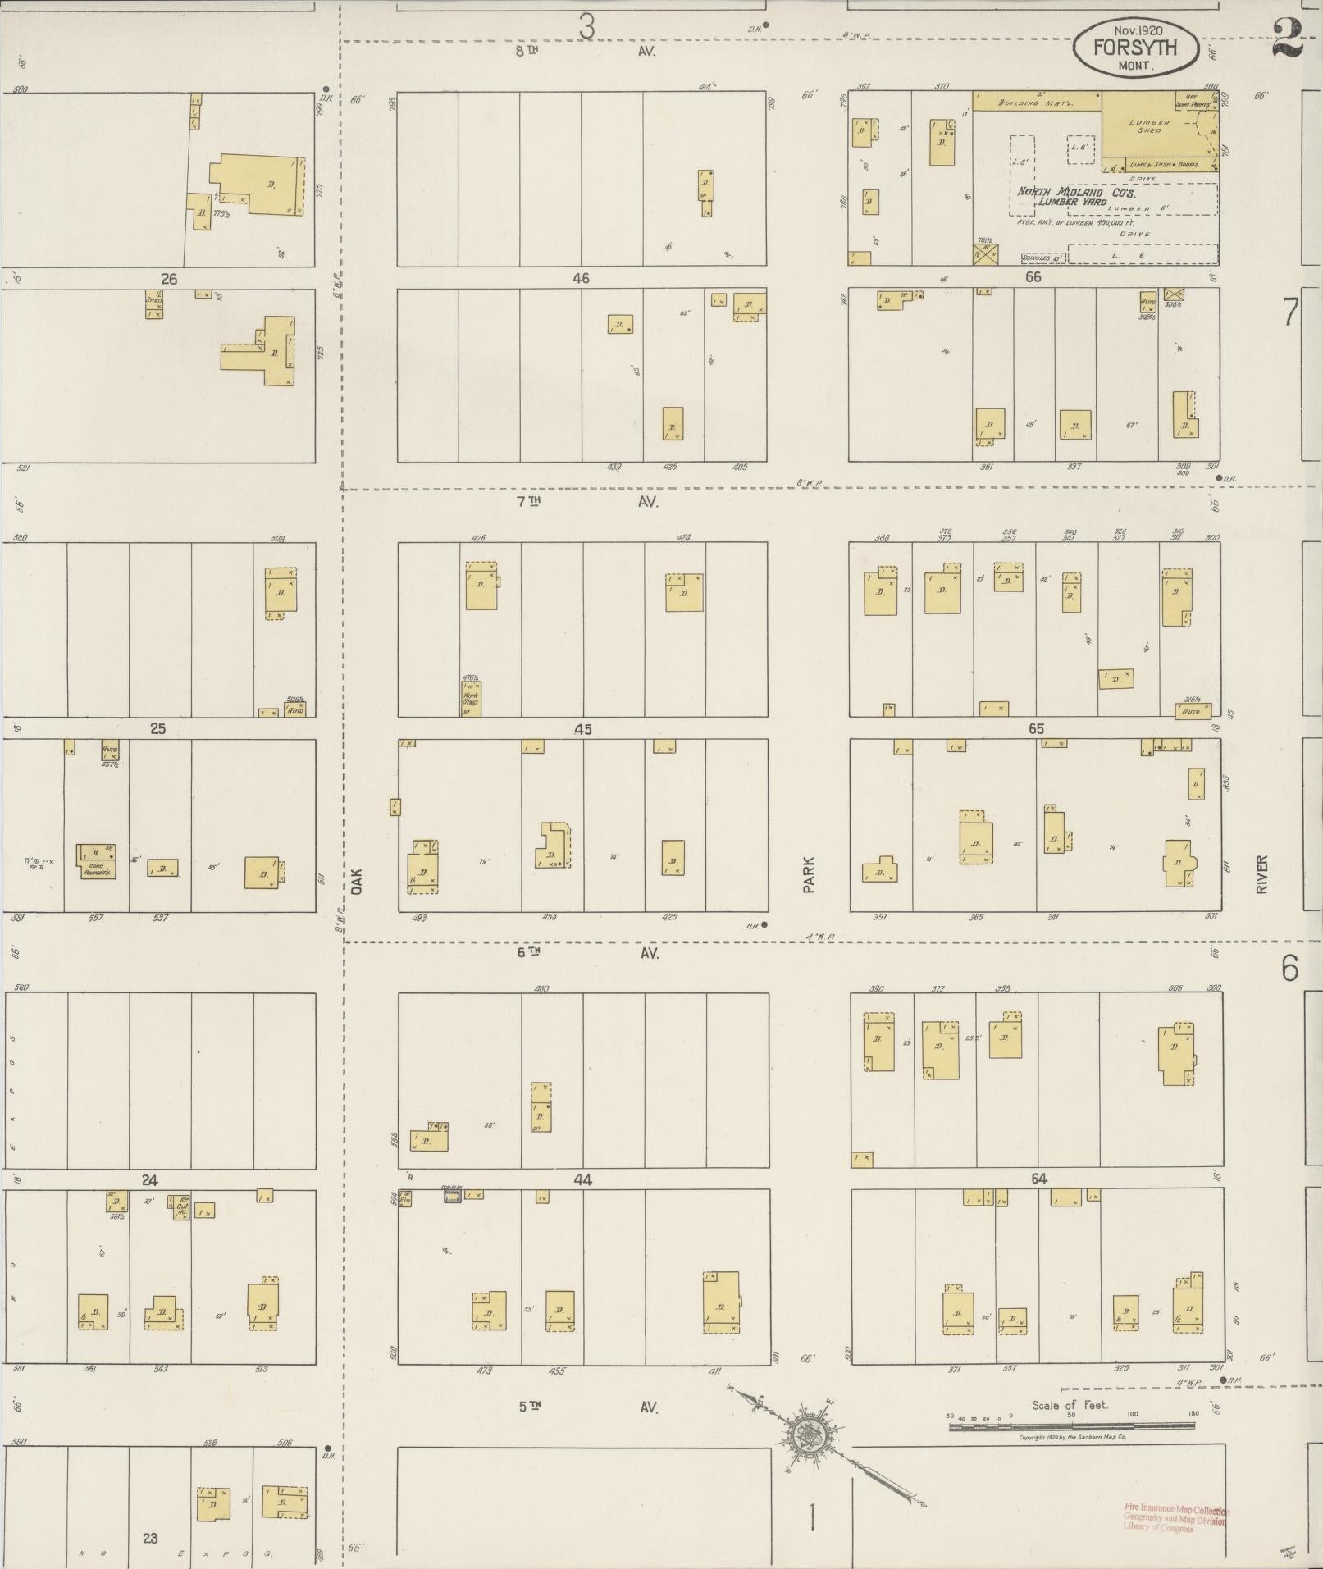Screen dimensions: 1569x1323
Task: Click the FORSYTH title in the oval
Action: [1134, 48]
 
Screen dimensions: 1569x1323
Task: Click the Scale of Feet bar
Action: [1070, 1426]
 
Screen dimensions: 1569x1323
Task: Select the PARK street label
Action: [809, 874]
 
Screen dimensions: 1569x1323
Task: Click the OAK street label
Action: [357, 881]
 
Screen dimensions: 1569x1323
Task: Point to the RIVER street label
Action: [1261, 874]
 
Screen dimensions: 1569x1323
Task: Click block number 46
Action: [581, 278]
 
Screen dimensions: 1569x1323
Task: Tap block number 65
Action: [1036, 728]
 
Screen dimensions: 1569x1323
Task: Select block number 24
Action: [149, 1179]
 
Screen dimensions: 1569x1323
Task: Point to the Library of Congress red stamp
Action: [1175, 1518]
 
